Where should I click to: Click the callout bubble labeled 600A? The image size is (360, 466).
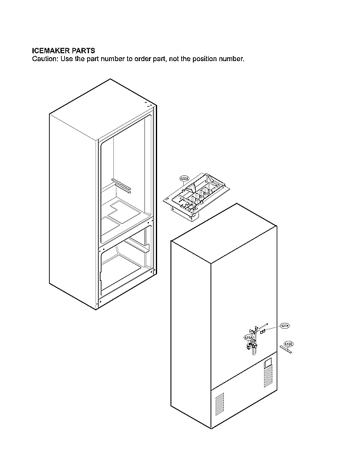point(185,179)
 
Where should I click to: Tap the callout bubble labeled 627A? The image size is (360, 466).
point(284,326)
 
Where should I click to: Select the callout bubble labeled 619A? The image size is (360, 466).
point(248,338)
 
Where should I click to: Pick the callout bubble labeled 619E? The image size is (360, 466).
point(288,344)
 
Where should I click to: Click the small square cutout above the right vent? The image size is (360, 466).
point(268,363)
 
